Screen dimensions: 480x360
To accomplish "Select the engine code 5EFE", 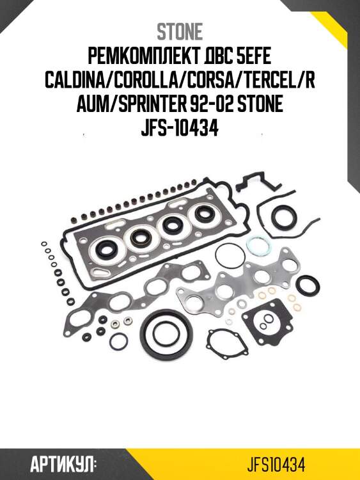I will (x=251, y=58).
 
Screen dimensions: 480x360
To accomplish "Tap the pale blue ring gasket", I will (x=256, y=246).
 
